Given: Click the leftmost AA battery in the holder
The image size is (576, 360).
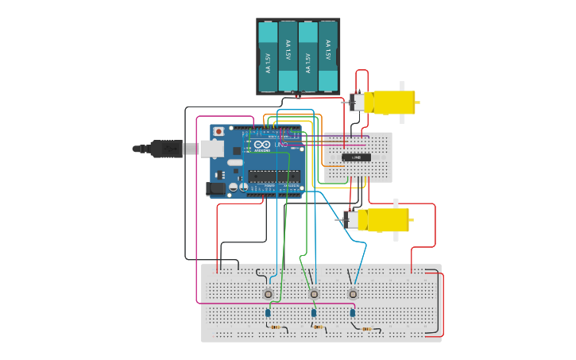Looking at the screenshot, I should pyautogui.click(x=268, y=56).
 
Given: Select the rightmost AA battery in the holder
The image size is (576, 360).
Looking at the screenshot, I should pyautogui.click(x=327, y=56).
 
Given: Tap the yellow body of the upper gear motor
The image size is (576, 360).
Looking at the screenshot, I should pyautogui.click(x=393, y=102).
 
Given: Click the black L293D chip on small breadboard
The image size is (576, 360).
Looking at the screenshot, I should pyautogui.click(x=356, y=157).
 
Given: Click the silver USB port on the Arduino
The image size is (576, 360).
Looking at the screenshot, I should pyautogui.click(x=211, y=148).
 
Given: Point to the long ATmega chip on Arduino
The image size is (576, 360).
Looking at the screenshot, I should pyautogui.click(x=273, y=176).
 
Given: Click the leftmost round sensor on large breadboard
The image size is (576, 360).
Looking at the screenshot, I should pyautogui.click(x=269, y=294).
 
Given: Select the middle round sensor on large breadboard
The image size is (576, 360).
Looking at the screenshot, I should pyautogui.click(x=314, y=294).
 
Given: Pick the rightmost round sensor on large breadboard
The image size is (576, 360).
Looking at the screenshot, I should pyautogui.click(x=353, y=294).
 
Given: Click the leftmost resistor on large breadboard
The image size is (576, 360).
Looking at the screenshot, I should pyautogui.click(x=276, y=327).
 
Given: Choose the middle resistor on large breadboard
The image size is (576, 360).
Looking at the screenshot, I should pyautogui.click(x=319, y=327).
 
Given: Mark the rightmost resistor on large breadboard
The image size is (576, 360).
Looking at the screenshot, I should pyautogui.click(x=366, y=328).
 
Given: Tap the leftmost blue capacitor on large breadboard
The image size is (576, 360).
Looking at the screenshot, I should pyautogui.click(x=268, y=313).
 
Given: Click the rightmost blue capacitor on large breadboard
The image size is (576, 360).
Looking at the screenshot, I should pyautogui.click(x=352, y=313).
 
